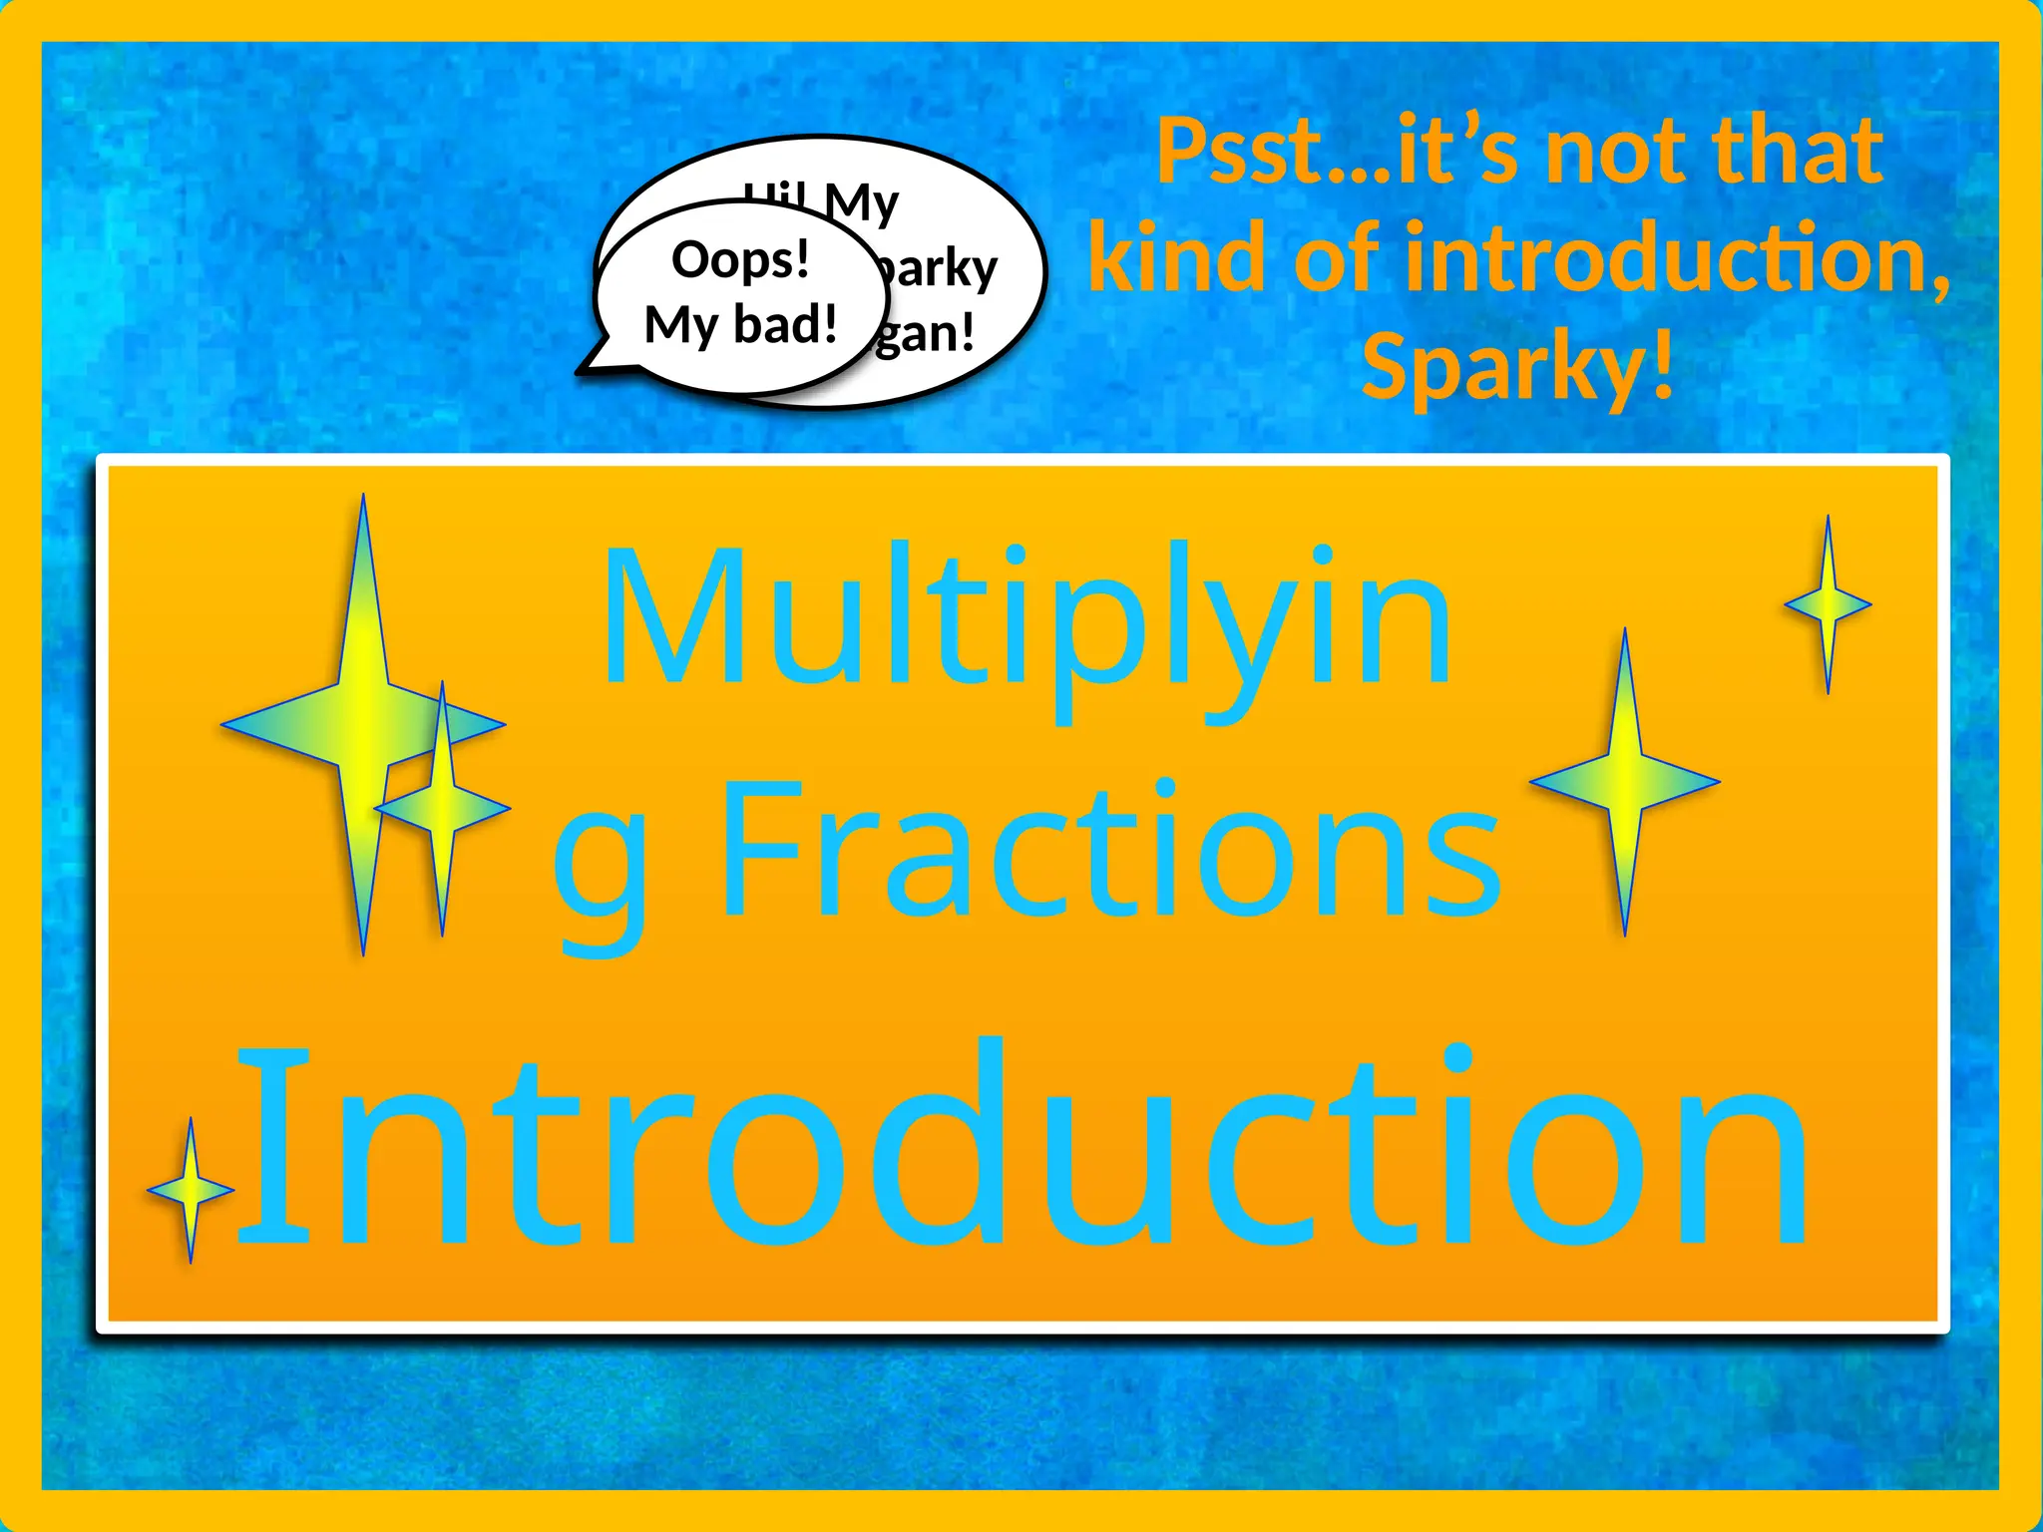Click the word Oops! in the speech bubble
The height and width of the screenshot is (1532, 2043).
[x=740, y=260]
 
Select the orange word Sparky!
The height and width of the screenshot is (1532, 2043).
[x=1517, y=366]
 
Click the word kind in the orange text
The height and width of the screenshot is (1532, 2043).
[x=1176, y=259]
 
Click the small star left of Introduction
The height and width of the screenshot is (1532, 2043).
[x=191, y=1190]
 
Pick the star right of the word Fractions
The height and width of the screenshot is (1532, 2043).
[x=1624, y=782]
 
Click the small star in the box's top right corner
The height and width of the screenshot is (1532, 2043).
[x=1828, y=604]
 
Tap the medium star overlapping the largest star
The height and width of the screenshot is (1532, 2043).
[x=442, y=806]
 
